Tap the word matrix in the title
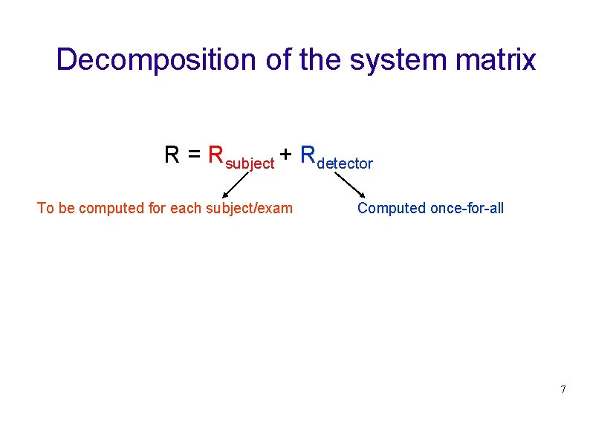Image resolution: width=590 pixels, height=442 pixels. pyautogui.click(x=500, y=60)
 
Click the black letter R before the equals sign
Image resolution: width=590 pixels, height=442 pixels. pyautogui.click(x=172, y=155)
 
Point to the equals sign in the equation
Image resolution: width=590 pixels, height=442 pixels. pyautogui.click(x=194, y=156)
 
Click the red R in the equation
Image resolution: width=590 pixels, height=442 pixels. pyautogui.click(x=216, y=155)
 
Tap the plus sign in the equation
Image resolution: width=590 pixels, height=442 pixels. pyautogui.click(x=286, y=157)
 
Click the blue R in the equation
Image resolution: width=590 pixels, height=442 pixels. pyautogui.click(x=308, y=155)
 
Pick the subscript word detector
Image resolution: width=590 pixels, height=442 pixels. pyautogui.click(x=345, y=163)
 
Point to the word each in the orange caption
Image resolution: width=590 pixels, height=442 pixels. pyautogui.click(x=184, y=208)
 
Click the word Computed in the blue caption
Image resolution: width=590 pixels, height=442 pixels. pyautogui.click(x=392, y=208)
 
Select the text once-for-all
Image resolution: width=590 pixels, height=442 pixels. pyautogui.click(x=467, y=208)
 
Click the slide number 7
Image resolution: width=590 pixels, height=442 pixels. pyautogui.click(x=563, y=389)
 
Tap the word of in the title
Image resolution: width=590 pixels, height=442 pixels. pyautogui.click(x=279, y=60)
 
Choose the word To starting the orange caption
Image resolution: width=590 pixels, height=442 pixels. pyautogui.click(x=45, y=208)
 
